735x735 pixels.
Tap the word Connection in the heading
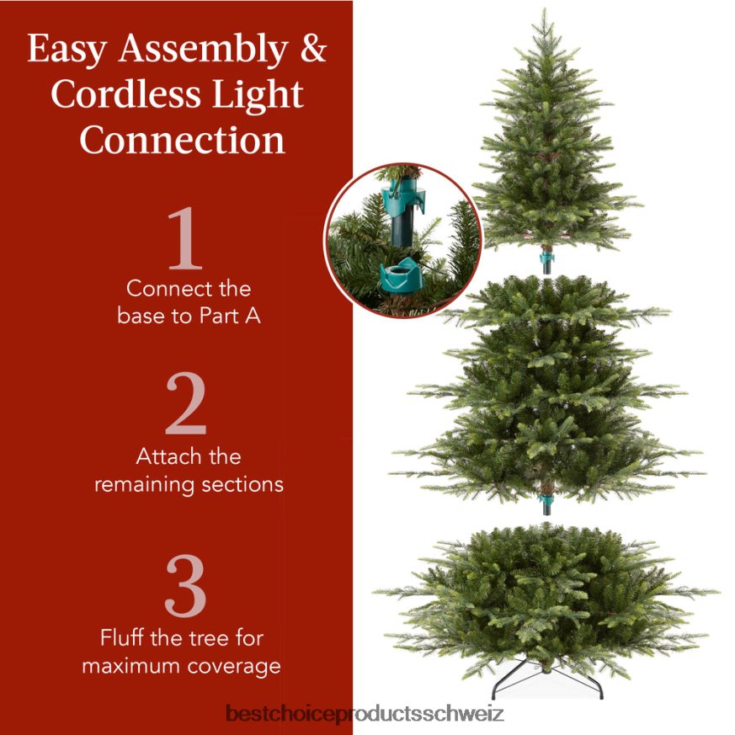point(183,139)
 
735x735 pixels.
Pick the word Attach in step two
point(166,456)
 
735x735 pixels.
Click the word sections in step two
point(244,485)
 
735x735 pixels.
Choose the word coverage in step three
point(233,666)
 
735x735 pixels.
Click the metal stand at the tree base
point(547,684)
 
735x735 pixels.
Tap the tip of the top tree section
point(545,12)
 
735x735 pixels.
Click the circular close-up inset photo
point(402,240)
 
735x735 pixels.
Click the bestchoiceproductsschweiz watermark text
point(365,715)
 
